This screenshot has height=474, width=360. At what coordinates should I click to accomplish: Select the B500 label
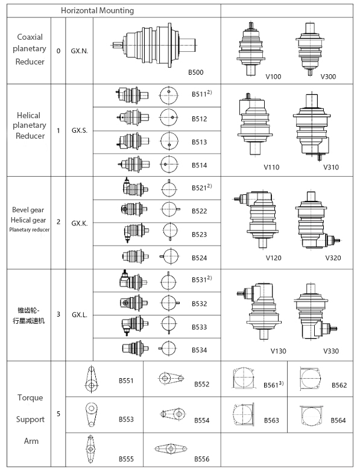[x=195, y=72]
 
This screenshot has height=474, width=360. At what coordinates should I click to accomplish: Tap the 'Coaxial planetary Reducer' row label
[x=30, y=51]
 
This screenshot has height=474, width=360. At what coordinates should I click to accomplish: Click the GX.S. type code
[x=80, y=130]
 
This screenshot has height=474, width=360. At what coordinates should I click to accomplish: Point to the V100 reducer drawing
[x=251, y=47]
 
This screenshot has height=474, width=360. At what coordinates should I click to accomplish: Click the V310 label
[x=331, y=167]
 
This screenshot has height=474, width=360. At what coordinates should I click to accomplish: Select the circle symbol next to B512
[x=169, y=118]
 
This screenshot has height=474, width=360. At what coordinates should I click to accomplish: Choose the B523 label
[x=199, y=234]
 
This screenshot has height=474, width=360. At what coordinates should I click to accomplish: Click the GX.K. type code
[x=80, y=223]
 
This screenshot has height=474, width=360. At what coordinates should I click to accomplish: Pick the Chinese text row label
[x=30, y=315]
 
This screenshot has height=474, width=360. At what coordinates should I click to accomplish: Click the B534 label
[x=199, y=350]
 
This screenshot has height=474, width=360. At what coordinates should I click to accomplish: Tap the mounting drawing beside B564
[x=312, y=416]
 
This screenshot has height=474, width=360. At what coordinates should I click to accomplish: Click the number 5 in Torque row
[x=58, y=414]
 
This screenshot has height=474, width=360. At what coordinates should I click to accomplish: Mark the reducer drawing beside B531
[x=131, y=280]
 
